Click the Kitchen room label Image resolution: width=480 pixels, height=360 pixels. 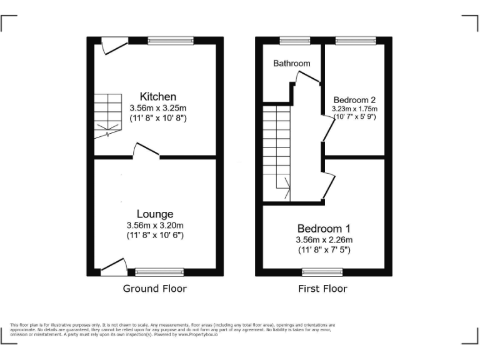tap(157, 97)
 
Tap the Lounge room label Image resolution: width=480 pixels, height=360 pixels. tap(155, 214)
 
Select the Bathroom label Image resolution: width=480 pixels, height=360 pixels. tap(291, 63)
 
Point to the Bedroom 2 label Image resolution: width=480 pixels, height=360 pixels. tap(354, 100)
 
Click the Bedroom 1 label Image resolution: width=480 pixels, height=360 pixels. tap(324, 228)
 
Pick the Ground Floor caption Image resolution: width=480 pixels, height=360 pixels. tap(154, 288)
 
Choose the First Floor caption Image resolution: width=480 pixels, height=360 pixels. tap(322, 288)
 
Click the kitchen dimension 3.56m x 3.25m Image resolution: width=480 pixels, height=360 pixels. tap(157, 107)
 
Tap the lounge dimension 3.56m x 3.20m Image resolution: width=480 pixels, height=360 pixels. tap(155, 225)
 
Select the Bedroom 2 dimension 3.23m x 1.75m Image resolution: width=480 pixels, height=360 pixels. tap(354, 108)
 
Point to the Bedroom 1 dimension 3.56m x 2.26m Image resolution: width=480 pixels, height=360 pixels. tap(324, 239)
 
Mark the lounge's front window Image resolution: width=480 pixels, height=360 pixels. tap(159, 272)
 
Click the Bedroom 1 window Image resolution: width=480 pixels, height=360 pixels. tap(319, 272)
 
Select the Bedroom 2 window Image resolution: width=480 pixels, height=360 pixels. tap(354, 40)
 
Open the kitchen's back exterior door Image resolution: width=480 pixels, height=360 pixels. tap(113, 45)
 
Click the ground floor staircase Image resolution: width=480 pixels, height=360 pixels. tap(107, 116)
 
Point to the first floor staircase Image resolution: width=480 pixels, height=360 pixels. tap(276, 153)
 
